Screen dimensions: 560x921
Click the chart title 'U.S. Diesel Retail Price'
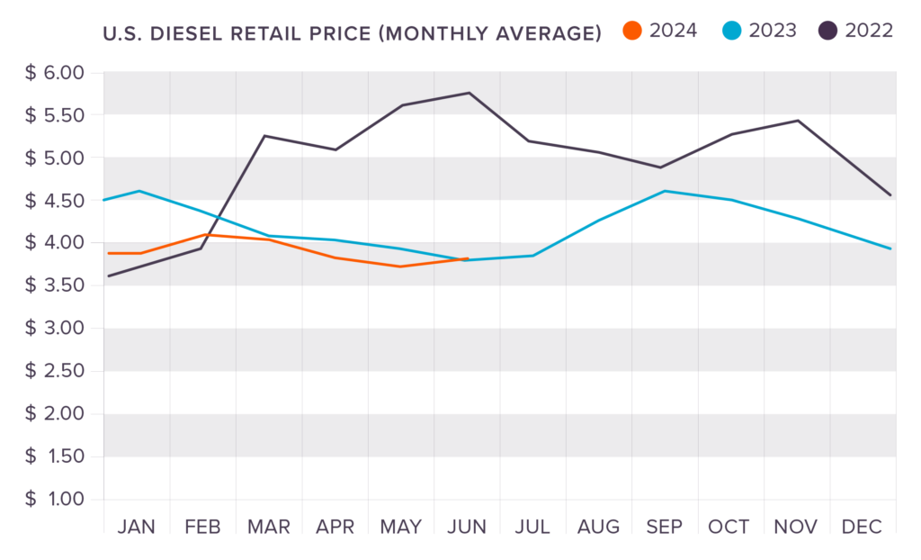pyautogui.click(x=352, y=34)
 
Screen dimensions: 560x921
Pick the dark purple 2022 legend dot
pyautogui.click(x=828, y=32)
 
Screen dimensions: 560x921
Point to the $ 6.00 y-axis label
pyautogui.click(x=54, y=72)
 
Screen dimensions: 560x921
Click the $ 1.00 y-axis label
pyautogui.click(x=54, y=500)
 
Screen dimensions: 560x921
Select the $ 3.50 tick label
pyautogui.click(x=54, y=285)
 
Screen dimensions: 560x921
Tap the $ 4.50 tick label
pyautogui.click(x=54, y=200)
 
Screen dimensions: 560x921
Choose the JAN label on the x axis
pyautogui.click(x=136, y=527)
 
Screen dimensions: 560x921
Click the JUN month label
pyautogui.click(x=467, y=527)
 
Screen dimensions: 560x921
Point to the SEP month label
pyautogui.click(x=665, y=527)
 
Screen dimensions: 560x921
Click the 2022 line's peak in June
pyautogui.click(x=469, y=93)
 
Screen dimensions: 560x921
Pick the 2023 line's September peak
pyautogui.click(x=665, y=191)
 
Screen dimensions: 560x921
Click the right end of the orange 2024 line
pyautogui.click(x=468, y=258)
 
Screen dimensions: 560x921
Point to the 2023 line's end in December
pyautogui.click(x=890, y=248)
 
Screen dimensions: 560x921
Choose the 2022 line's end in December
pyautogui.click(x=890, y=194)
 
